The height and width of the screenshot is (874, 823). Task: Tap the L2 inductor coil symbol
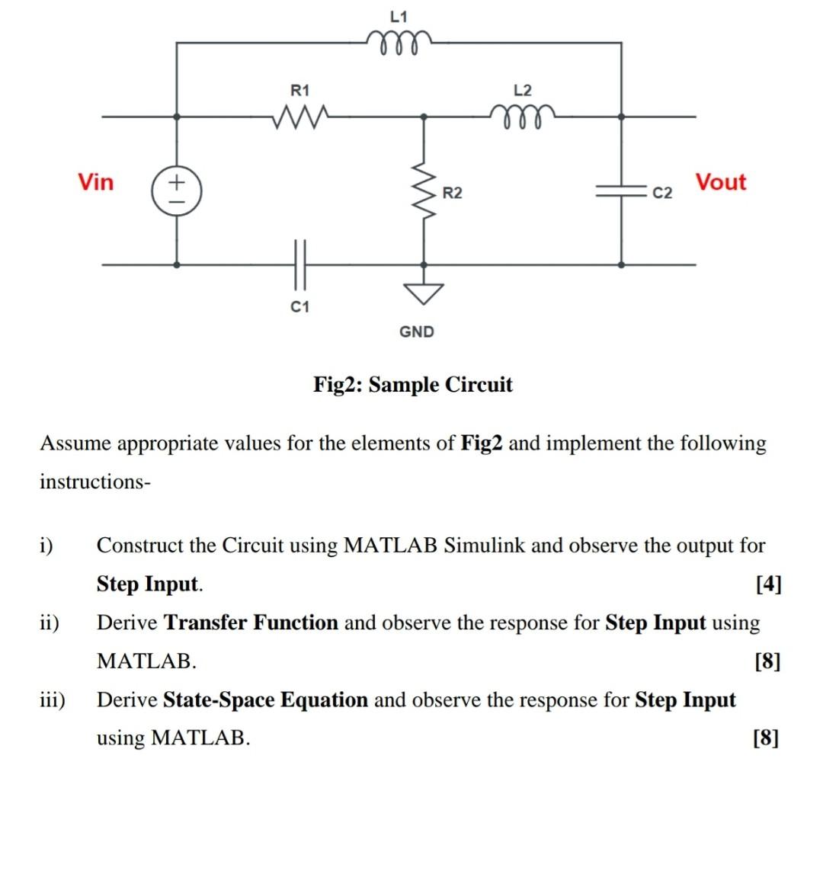point(523,116)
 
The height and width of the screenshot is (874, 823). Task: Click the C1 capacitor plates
point(299,263)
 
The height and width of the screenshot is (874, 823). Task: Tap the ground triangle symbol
point(424,292)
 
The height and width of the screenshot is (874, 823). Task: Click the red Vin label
point(96,182)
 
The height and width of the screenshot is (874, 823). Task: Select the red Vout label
point(720,182)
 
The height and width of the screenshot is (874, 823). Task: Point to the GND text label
point(417,331)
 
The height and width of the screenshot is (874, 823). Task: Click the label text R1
point(301,90)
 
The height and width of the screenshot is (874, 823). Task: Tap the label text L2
point(523,90)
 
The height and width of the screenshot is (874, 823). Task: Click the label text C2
point(663,193)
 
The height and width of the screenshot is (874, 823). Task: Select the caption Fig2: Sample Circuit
point(413,384)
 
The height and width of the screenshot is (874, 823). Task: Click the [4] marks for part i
point(768,584)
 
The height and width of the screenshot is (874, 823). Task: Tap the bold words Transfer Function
point(251,623)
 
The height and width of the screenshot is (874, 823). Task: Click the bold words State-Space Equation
point(265,700)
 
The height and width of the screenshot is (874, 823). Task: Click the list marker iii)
point(53,700)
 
